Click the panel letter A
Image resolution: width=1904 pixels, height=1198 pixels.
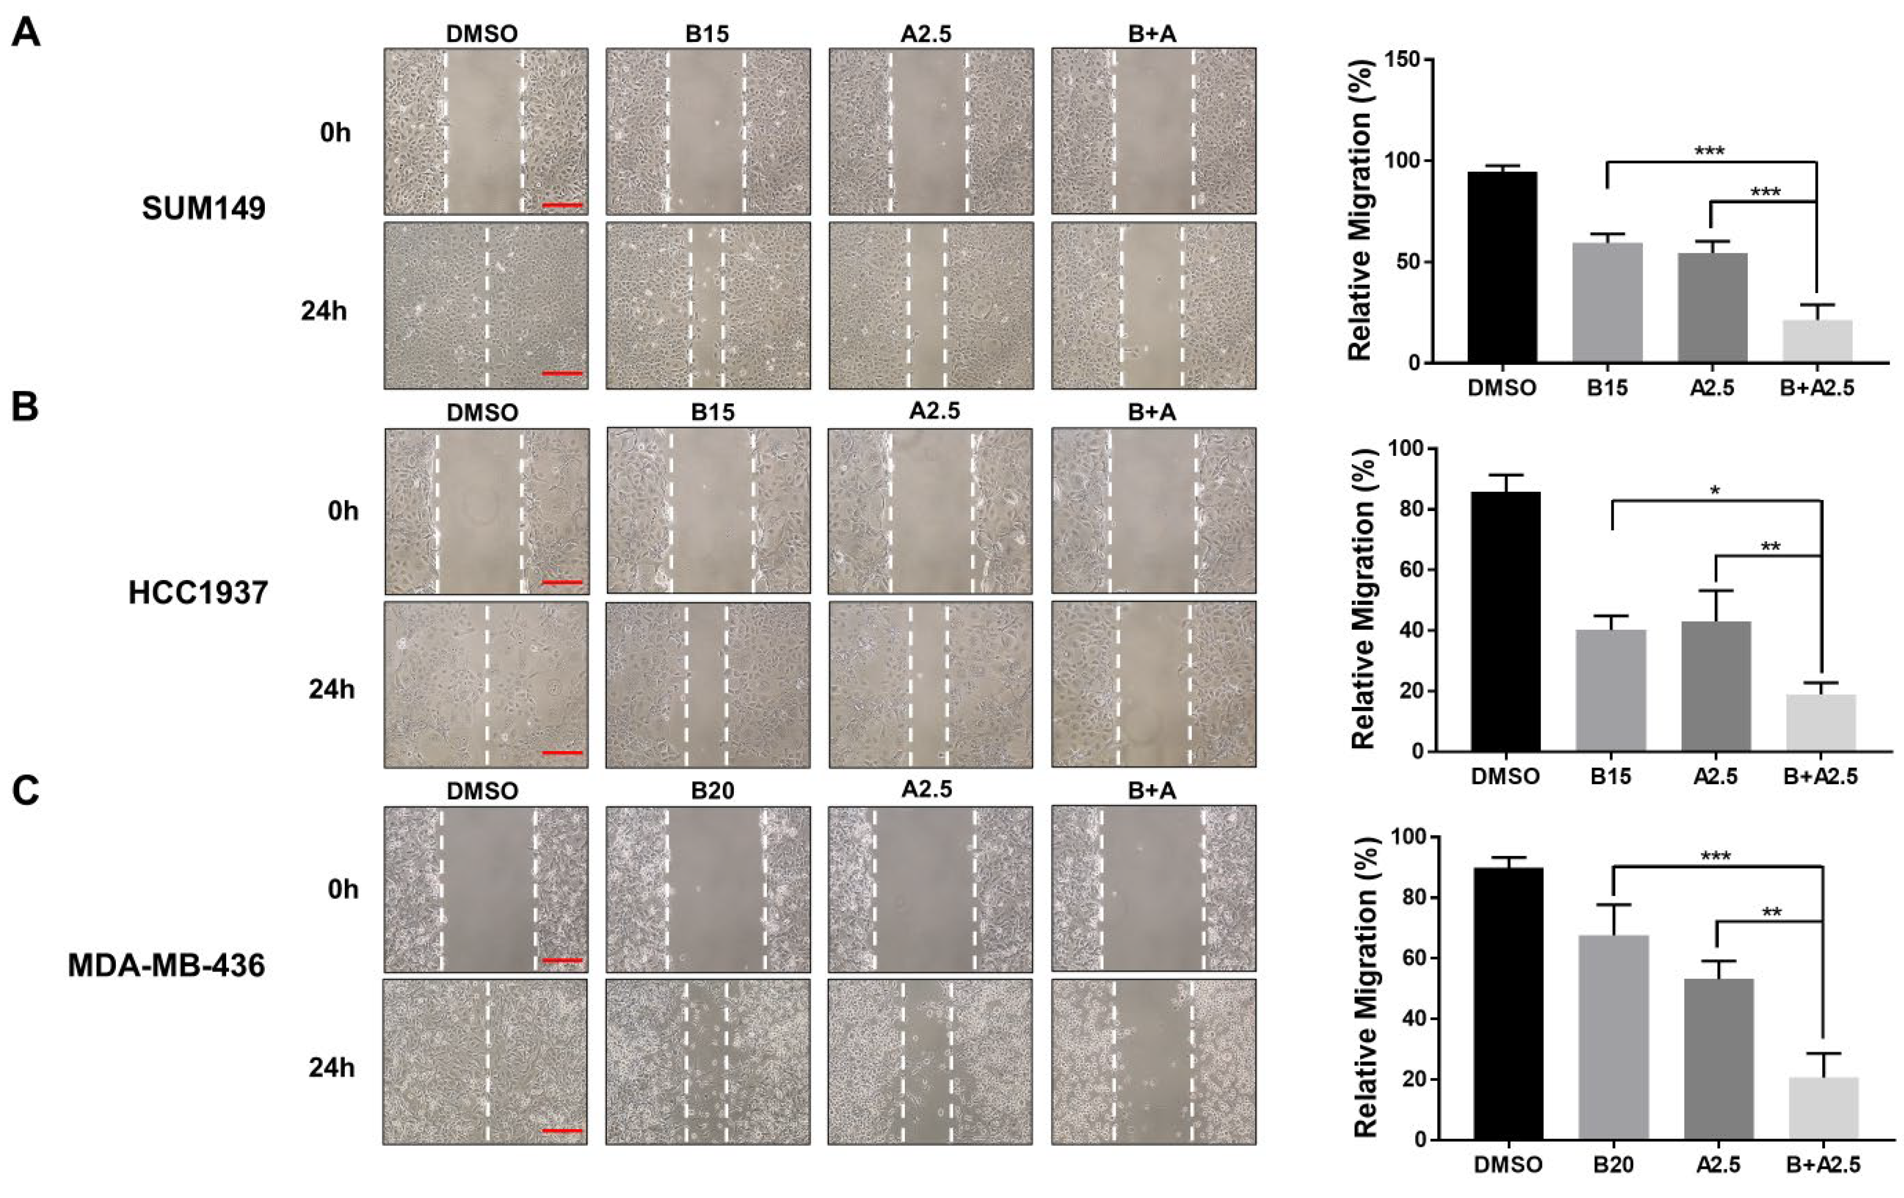point(26,34)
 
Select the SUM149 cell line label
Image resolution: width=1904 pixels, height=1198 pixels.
point(203,209)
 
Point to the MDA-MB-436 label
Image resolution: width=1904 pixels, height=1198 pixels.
point(166,966)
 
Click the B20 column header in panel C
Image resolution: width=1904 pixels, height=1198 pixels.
point(712,791)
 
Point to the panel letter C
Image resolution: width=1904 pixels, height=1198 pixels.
point(26,791)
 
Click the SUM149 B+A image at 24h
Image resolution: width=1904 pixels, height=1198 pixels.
point(1153,305)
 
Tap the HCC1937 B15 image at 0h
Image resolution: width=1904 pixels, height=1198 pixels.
point(708,511)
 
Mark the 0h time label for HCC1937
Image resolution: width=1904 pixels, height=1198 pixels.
point(343,512)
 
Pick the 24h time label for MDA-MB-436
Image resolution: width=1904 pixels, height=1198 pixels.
point(331,1068)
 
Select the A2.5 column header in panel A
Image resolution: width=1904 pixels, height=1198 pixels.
point(926,34)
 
